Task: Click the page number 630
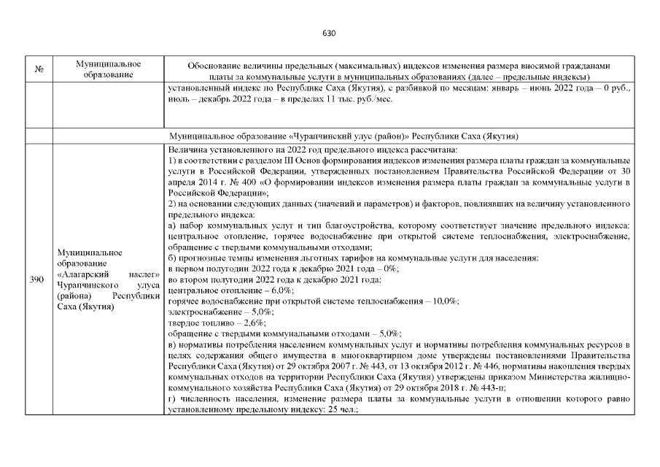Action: pos(329,33)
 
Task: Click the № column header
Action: pos(39,69)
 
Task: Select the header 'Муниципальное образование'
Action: pos(108,69)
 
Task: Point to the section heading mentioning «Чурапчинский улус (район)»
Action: pos(343,136)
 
